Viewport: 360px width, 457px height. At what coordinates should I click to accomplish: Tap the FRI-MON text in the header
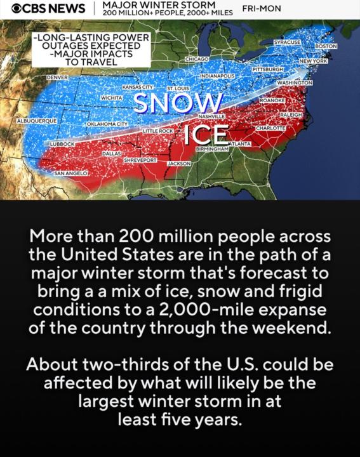pos(262,9)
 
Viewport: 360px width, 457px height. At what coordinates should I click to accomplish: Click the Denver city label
pos(58,76)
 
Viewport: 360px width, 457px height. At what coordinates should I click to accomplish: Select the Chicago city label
pos(197,58)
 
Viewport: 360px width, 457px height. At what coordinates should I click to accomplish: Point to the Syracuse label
pos(286,41)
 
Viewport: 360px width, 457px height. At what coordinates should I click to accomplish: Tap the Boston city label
pos(326,46)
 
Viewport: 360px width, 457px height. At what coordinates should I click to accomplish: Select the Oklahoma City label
pos(107,124)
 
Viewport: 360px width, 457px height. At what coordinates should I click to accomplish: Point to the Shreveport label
pos(140,161)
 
